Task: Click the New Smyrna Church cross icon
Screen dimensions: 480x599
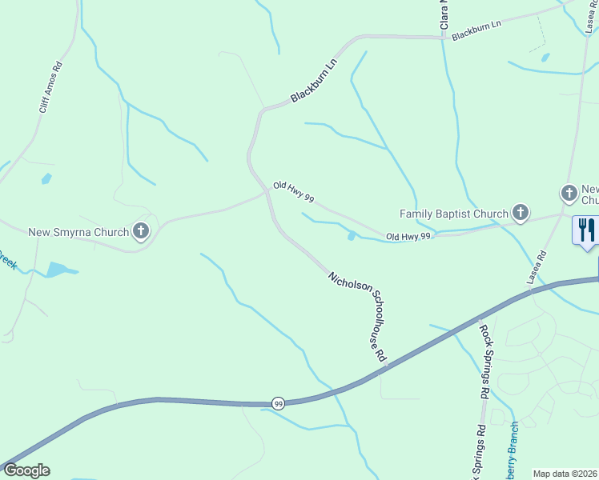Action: click(141, 232)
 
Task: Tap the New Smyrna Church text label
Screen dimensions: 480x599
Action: click(78, 233)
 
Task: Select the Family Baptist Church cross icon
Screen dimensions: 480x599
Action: click(521, 213)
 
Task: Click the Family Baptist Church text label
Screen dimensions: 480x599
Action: click(454, 214)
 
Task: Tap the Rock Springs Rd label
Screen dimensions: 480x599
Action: click(484, 360)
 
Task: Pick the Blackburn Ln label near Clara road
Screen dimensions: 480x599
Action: click(476, 31)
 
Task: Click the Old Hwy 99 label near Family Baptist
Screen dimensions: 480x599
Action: click(408, 237)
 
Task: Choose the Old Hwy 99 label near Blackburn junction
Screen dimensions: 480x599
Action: click(293, 191)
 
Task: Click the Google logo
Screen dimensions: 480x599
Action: click(26, 470)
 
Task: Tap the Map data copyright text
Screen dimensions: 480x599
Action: click(565, 474)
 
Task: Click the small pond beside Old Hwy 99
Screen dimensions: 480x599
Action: click(352, 235)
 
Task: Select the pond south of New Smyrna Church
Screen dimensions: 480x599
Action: click(58, 270)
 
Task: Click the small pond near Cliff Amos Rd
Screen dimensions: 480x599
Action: click(46, 178)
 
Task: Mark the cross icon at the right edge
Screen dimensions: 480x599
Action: click(569, 193)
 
